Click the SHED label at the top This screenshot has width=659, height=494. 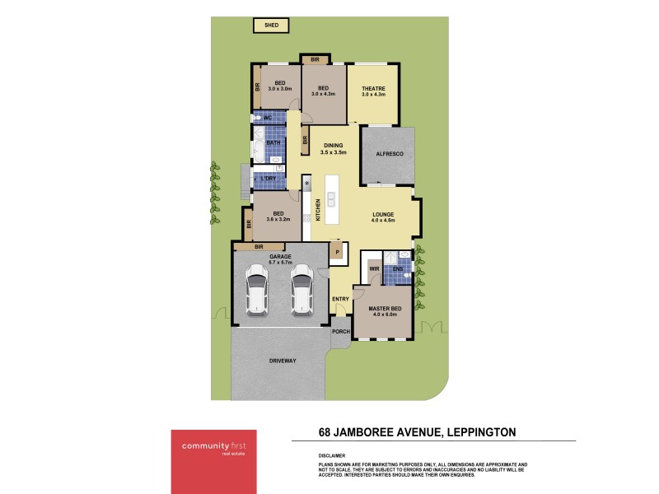pyautogui.click(x=271, y=26)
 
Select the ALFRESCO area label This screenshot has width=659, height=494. pyautogui.click(x=387, y=154)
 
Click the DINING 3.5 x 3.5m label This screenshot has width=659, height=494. pyautogui.click(x=334, y=149)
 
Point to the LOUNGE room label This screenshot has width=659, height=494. pyautogui.click(x=384, y=217)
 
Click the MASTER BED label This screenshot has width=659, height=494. pyautogui.click(x=384, y=310)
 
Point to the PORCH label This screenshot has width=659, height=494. pyautogui.click(x=340, y=331)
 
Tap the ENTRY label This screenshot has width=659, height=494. pyautogui.click(x=340, y=299)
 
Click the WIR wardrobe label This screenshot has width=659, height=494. pyautogui.click(x=374, y=268)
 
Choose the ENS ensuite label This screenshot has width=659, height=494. pyautogui.click(x=398, y=268)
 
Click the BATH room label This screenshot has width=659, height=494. pyautogui.click(x=272, y=142)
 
